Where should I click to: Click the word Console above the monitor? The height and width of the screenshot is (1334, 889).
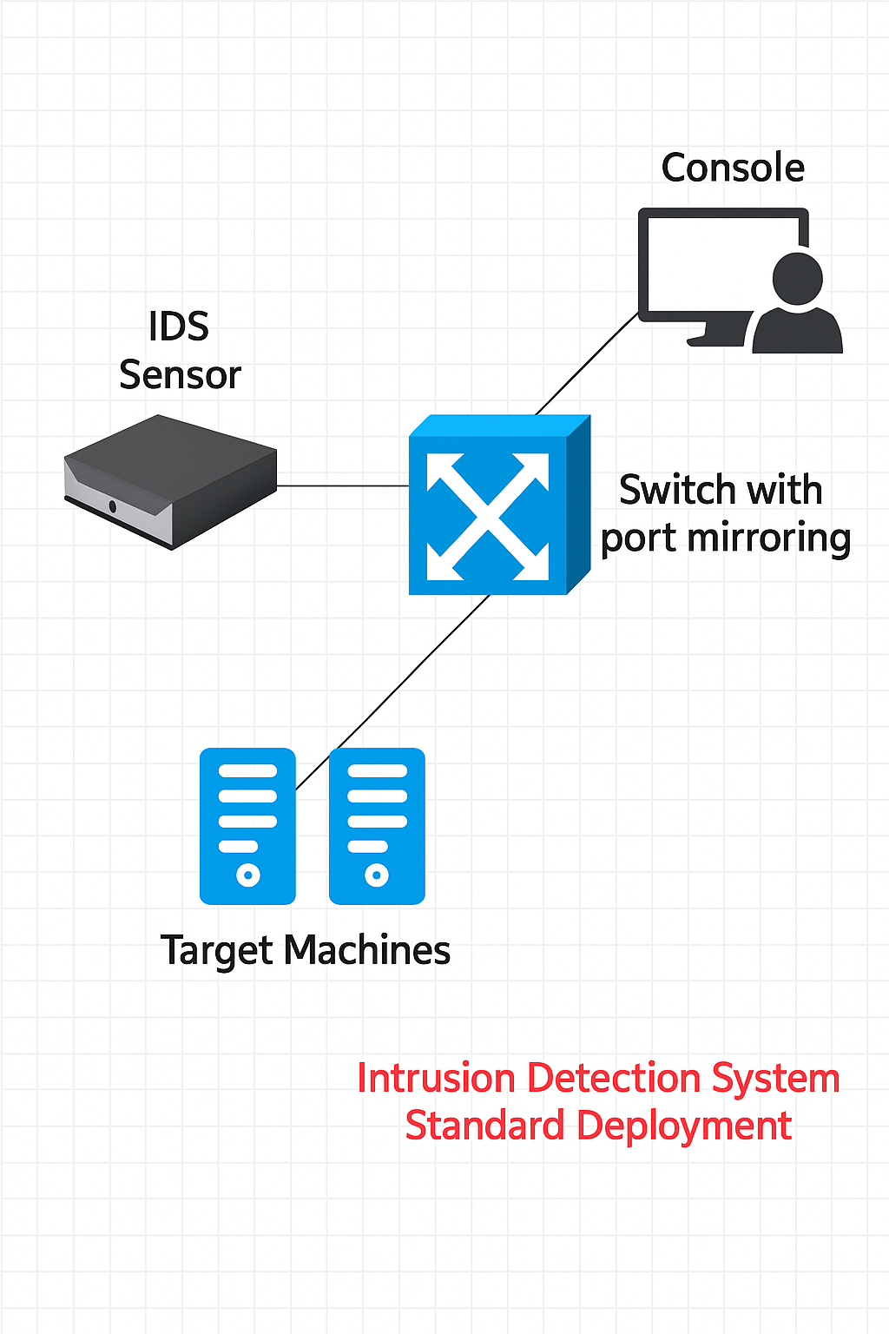(733, 168)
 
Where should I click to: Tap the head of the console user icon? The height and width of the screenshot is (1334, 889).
(798, 278)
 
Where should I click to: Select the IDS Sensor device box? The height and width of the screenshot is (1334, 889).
(171, 479)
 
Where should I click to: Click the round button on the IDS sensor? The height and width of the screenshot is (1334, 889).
(113, 506)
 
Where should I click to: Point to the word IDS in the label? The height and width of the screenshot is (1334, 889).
(179, 327)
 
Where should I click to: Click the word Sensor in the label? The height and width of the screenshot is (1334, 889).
(180, 375)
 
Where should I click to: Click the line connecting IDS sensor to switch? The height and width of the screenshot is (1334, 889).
(343, 485)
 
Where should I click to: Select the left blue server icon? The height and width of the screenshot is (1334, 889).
(247, 826)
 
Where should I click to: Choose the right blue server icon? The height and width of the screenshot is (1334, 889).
(377, 826)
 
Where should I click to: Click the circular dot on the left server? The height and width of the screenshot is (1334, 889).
(248, 875)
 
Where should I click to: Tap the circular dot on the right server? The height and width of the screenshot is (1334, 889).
(377, 875)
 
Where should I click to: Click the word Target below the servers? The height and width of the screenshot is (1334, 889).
(217, 951)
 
